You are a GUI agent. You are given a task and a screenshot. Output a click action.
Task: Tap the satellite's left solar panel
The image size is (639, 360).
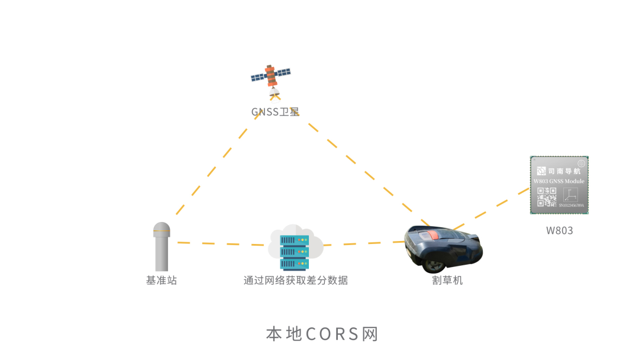tap(259, 76)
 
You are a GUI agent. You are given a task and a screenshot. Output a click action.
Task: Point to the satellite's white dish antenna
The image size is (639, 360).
tap(273, 92)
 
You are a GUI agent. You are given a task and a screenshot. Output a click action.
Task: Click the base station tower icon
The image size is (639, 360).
tap(162, 247)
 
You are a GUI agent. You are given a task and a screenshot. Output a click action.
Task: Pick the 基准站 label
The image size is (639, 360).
tap(162, 280)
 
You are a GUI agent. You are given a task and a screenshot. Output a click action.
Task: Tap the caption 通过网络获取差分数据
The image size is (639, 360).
tap(296, 280)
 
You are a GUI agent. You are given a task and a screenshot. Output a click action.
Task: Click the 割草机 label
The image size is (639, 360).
tap(447, 280)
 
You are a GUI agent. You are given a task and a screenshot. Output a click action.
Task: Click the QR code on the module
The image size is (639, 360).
tap(547, 197)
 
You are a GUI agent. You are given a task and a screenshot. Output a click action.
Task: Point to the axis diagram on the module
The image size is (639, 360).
tap(570, 195)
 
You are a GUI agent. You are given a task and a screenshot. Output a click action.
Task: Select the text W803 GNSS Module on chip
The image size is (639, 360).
tap(559, 181)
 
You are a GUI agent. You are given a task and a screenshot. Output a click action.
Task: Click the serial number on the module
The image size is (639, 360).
tap(571, 205)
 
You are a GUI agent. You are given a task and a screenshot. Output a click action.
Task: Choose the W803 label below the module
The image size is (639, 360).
tap(559, 231)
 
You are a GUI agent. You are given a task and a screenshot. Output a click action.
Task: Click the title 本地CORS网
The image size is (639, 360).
tap(322, 334)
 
